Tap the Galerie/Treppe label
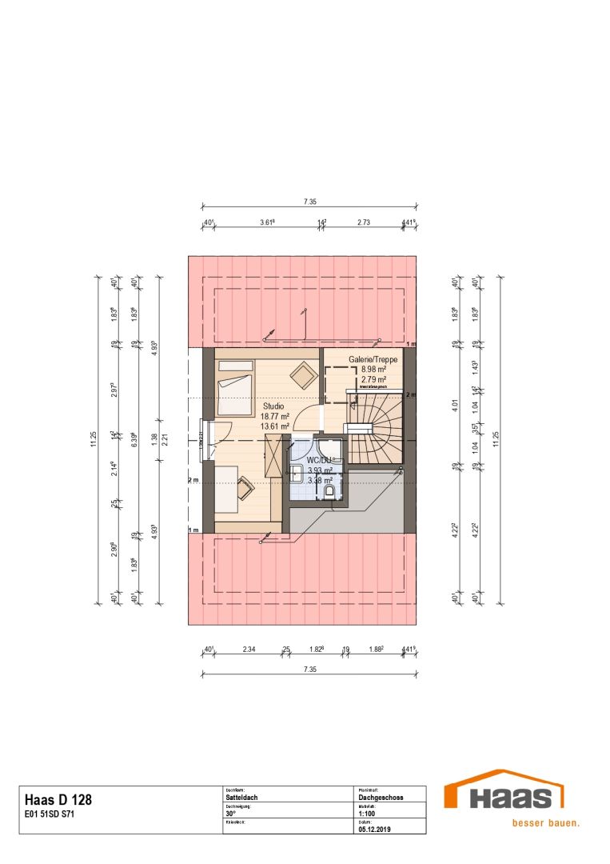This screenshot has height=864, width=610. point(373,361)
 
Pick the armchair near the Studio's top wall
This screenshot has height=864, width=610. point(303,375)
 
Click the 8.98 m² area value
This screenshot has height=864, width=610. point(373,370)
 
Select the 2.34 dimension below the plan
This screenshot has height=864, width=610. point(249,649)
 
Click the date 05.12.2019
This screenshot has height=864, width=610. point(373,830)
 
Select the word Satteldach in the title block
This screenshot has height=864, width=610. point(242,798)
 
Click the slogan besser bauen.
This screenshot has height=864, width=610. point(546,822)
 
